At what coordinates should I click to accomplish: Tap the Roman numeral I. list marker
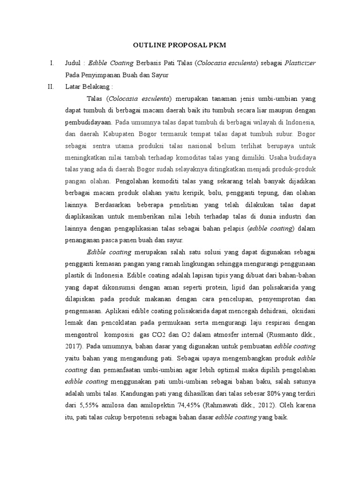[52, 63]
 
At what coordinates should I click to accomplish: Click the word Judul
[74, 63]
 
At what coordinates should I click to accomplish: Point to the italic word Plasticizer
[300, 63]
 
